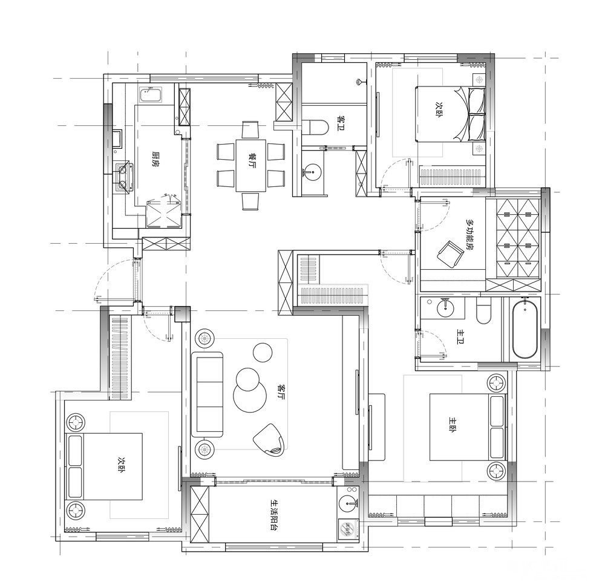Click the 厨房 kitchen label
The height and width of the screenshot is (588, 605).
click(155, 158)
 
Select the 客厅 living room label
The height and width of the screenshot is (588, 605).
click(281, 391)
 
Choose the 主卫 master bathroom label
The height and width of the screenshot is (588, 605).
click(460, 336)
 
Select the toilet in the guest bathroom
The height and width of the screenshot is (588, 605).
click(315, 128)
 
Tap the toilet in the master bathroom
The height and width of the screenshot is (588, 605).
click(483, 310)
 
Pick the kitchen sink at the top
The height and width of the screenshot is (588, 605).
click(151, 96)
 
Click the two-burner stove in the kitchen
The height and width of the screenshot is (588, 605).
click(124, 177)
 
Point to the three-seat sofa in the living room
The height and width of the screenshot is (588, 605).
click(208, 394)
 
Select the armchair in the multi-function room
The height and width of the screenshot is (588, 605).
click(450, 253)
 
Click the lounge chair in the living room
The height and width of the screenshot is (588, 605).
click(270, 440)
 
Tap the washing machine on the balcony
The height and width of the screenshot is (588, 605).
click(349, 529)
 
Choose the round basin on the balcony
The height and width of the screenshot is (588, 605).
click(349, 503)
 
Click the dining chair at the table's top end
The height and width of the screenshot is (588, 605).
click(250, 129)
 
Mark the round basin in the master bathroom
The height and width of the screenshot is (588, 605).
click(445, 307)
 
